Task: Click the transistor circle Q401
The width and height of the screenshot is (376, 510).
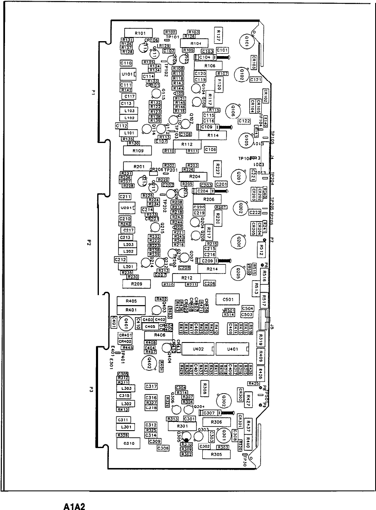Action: [126, 323]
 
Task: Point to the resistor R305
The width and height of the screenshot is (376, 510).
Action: [216, 455]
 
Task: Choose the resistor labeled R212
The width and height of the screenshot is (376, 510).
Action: [187, 277]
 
